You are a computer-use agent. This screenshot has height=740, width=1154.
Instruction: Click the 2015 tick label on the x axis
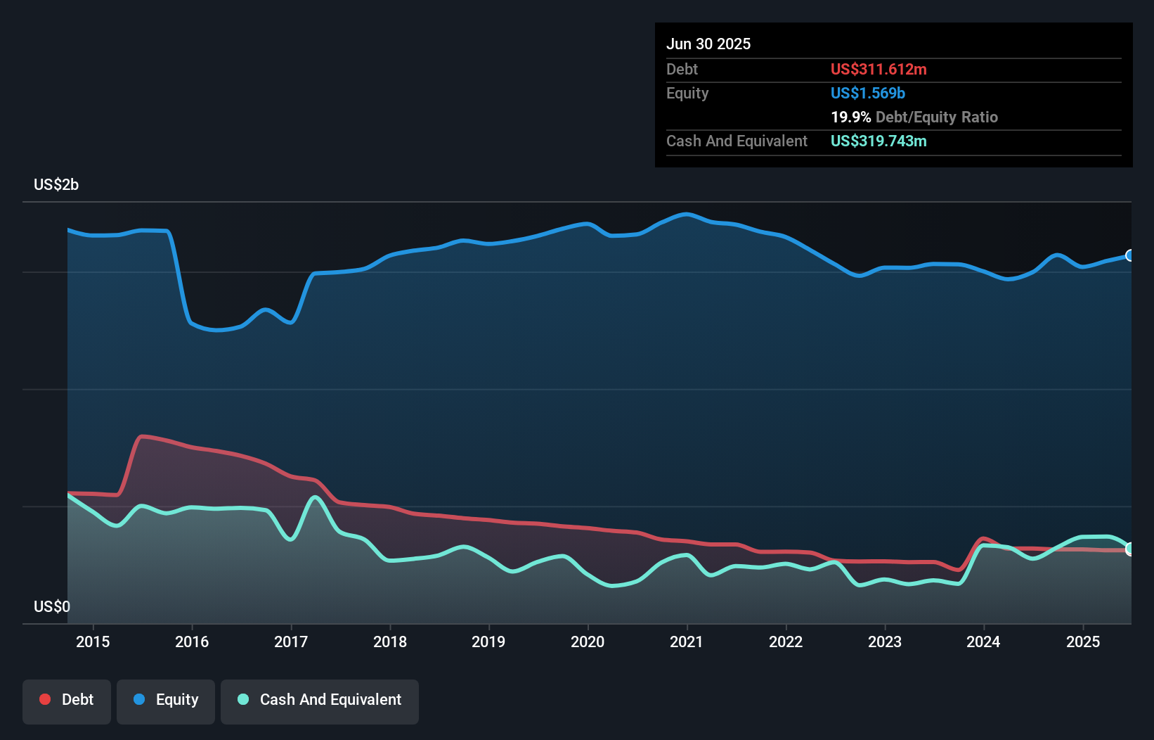(93, 642)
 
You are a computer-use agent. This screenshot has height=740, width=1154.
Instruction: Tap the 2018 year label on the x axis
(390, 642)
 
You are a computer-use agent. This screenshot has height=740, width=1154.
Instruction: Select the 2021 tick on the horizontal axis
(687, 642)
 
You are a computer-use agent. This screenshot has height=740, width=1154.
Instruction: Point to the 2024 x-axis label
(983, 642)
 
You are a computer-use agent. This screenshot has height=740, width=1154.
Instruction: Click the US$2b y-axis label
(56, 184)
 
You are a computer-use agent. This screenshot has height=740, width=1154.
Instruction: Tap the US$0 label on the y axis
(52, 606)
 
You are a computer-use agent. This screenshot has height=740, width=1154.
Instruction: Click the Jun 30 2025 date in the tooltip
(708, 44)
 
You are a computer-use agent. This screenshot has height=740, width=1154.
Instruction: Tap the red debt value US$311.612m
(879, 69)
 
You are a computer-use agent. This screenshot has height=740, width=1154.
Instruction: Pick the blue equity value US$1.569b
(868, 93)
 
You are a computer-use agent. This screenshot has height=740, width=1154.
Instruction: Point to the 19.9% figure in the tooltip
(850, 117)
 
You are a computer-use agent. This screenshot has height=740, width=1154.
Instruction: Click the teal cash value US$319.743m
(879, 141)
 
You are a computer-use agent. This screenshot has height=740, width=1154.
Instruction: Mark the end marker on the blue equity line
(1130, 255)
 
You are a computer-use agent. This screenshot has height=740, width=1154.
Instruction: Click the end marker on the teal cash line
(1130, 549)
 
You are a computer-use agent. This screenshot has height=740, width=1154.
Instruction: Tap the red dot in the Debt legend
(45, 699)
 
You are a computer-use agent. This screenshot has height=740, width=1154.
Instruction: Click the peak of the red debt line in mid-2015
(143, 436)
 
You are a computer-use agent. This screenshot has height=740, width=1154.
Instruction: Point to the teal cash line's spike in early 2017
(315, 497)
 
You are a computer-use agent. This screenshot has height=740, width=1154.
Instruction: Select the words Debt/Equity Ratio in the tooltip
(937, 117)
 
